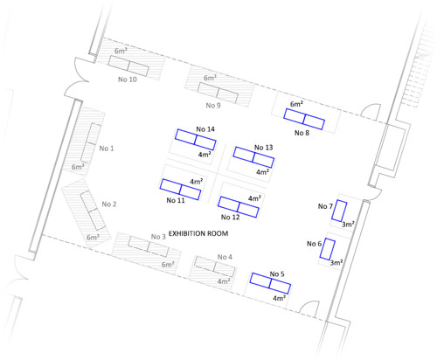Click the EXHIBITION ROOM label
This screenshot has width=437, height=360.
(x=198, y=233)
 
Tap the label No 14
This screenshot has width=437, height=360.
(x=205, y=129)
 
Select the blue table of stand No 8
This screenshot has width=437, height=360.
(x=304, y=119)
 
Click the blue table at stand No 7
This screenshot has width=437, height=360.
(x=339, y=211)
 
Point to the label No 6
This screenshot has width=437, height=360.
(x=314, y=244)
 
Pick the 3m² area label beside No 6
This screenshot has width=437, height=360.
(x=336, y=262)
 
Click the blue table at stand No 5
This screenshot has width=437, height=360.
(x=270, y=283)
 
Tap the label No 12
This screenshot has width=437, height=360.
(x=230, y=217)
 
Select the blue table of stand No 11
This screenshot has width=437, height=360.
(x=180, y=190)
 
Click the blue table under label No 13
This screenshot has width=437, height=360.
(x=253, y=157)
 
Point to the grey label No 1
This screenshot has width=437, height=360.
(x=107, y=149)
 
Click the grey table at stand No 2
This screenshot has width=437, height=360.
(x=93, y=211)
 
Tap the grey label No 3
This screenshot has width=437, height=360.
(x=158, y=237)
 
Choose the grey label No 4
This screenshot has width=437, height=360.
(x=225, y=257)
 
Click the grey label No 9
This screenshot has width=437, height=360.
(x=213, y=105)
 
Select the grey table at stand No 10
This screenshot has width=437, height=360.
(x=128, y=66)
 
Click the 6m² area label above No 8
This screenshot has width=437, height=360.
(x=296, y=104)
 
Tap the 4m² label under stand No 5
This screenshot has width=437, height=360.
(x=279, y=298)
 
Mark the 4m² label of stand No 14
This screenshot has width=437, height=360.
(x=205, y=155)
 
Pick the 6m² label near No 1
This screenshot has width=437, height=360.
(x=78, y=167)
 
